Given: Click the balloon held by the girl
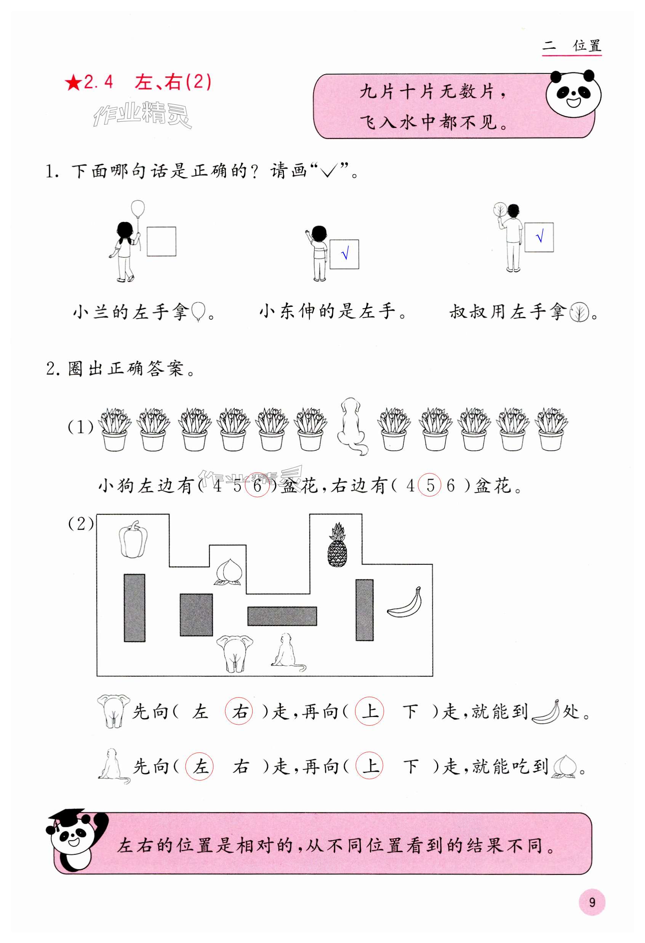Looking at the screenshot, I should click(138, 208).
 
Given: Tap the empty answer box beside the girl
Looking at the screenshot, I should click(161, 241).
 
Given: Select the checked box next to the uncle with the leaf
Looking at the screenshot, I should click(539, 237).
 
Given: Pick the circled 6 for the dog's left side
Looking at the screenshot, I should click(258, 486).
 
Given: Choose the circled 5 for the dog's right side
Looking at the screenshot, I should click(430, 485).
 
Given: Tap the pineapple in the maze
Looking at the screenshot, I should click(337, 546).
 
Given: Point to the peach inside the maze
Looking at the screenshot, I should click(228, 572).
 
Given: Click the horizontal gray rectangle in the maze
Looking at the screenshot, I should click(282, 616).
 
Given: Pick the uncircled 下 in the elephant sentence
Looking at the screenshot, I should click(410, 712).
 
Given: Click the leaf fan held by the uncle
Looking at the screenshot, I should click(499, 210).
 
